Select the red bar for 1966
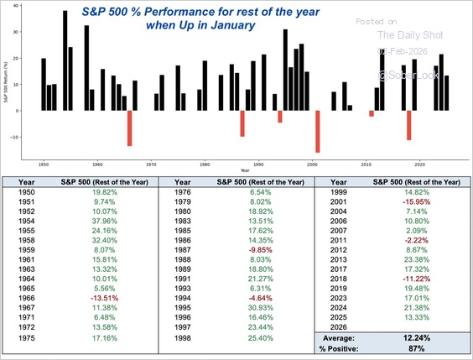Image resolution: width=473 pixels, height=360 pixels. pos(130,128)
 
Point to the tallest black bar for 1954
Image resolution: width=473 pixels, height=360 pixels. pos(65,60)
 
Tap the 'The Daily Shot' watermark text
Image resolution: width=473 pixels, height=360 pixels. pos(408,34)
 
